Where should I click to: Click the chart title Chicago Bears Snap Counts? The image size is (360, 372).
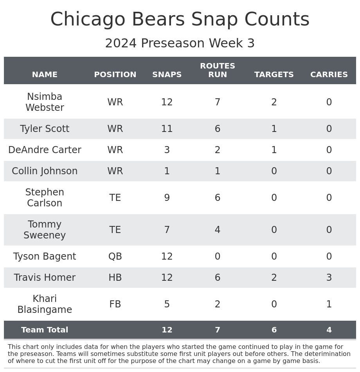[x=180, y=20]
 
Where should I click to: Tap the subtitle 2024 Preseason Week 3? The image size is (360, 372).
[x=180, y=43]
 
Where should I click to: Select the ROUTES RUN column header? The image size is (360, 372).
[x=218, y=70]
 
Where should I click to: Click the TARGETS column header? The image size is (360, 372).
[x=274, y=75]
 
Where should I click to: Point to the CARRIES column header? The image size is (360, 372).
[x=329, y=75]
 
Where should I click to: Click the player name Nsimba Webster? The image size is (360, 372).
[x=45, y=102]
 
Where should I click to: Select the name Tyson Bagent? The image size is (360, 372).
[x=45, y=256]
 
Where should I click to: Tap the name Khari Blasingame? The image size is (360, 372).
[x=45, y=304]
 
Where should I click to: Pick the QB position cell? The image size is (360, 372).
[x=115, y=256]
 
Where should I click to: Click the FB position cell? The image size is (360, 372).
[x=115, y=304]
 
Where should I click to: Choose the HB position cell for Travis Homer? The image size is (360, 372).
[x=115, y=278]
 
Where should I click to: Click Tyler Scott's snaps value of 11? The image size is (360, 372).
[x=167, y=129]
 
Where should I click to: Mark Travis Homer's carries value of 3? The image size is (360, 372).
[x=329, y=278]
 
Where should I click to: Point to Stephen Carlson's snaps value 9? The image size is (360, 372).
[x=167, y=198]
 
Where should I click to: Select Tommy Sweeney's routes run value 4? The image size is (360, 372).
[x=218, y=230]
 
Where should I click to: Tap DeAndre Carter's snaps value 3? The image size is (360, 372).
[x=167, y=150]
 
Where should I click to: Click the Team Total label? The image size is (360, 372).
[x=45, y=330]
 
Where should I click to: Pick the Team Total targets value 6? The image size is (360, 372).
[x=274, y=330]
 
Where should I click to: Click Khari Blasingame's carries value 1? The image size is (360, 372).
[x=329, y=304]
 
